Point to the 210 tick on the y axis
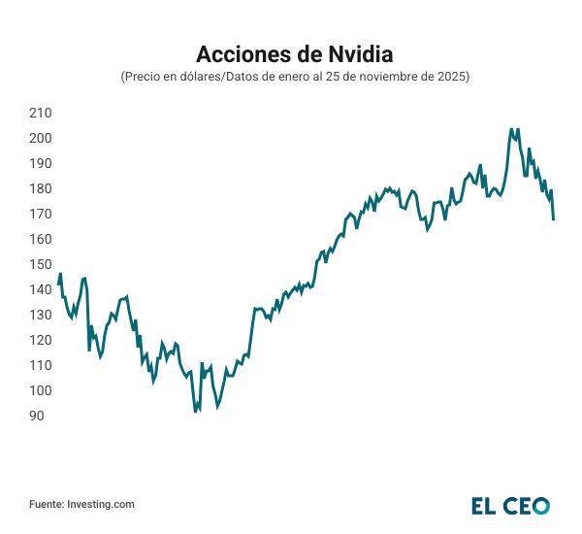click(x=41, y=113)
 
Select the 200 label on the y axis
click(x=41, y=138)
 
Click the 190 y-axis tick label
click(x=41, y=163)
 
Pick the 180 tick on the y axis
click(x=41, y=188)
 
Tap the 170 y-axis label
click(x=41, y=214)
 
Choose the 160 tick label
click(x=41, y=239)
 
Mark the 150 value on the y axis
click(x=41, y=264)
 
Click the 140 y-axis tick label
click(x=41, y=289)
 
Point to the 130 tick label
click(x=41, y=315)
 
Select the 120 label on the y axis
click(x=41, y=340)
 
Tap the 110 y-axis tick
click(x=41, y=365)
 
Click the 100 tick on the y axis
click(x=41, y=390)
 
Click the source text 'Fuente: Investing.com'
click(x=81, y=504)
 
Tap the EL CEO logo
click(x=510, y=505)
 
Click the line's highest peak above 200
click(x=511, y=129)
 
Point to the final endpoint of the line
click(x=553, y=219)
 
